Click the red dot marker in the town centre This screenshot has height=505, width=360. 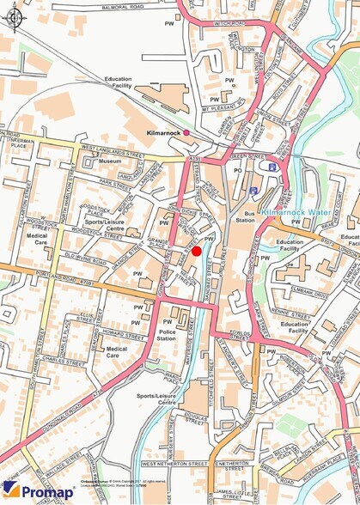pos(197,251)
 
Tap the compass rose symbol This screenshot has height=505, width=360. pos(15,16)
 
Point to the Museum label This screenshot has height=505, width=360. pos(110,161)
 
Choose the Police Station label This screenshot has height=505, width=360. pos(167,335)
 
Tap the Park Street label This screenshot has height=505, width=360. pos(113,183)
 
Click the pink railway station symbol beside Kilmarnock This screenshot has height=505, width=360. pos(186,132)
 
